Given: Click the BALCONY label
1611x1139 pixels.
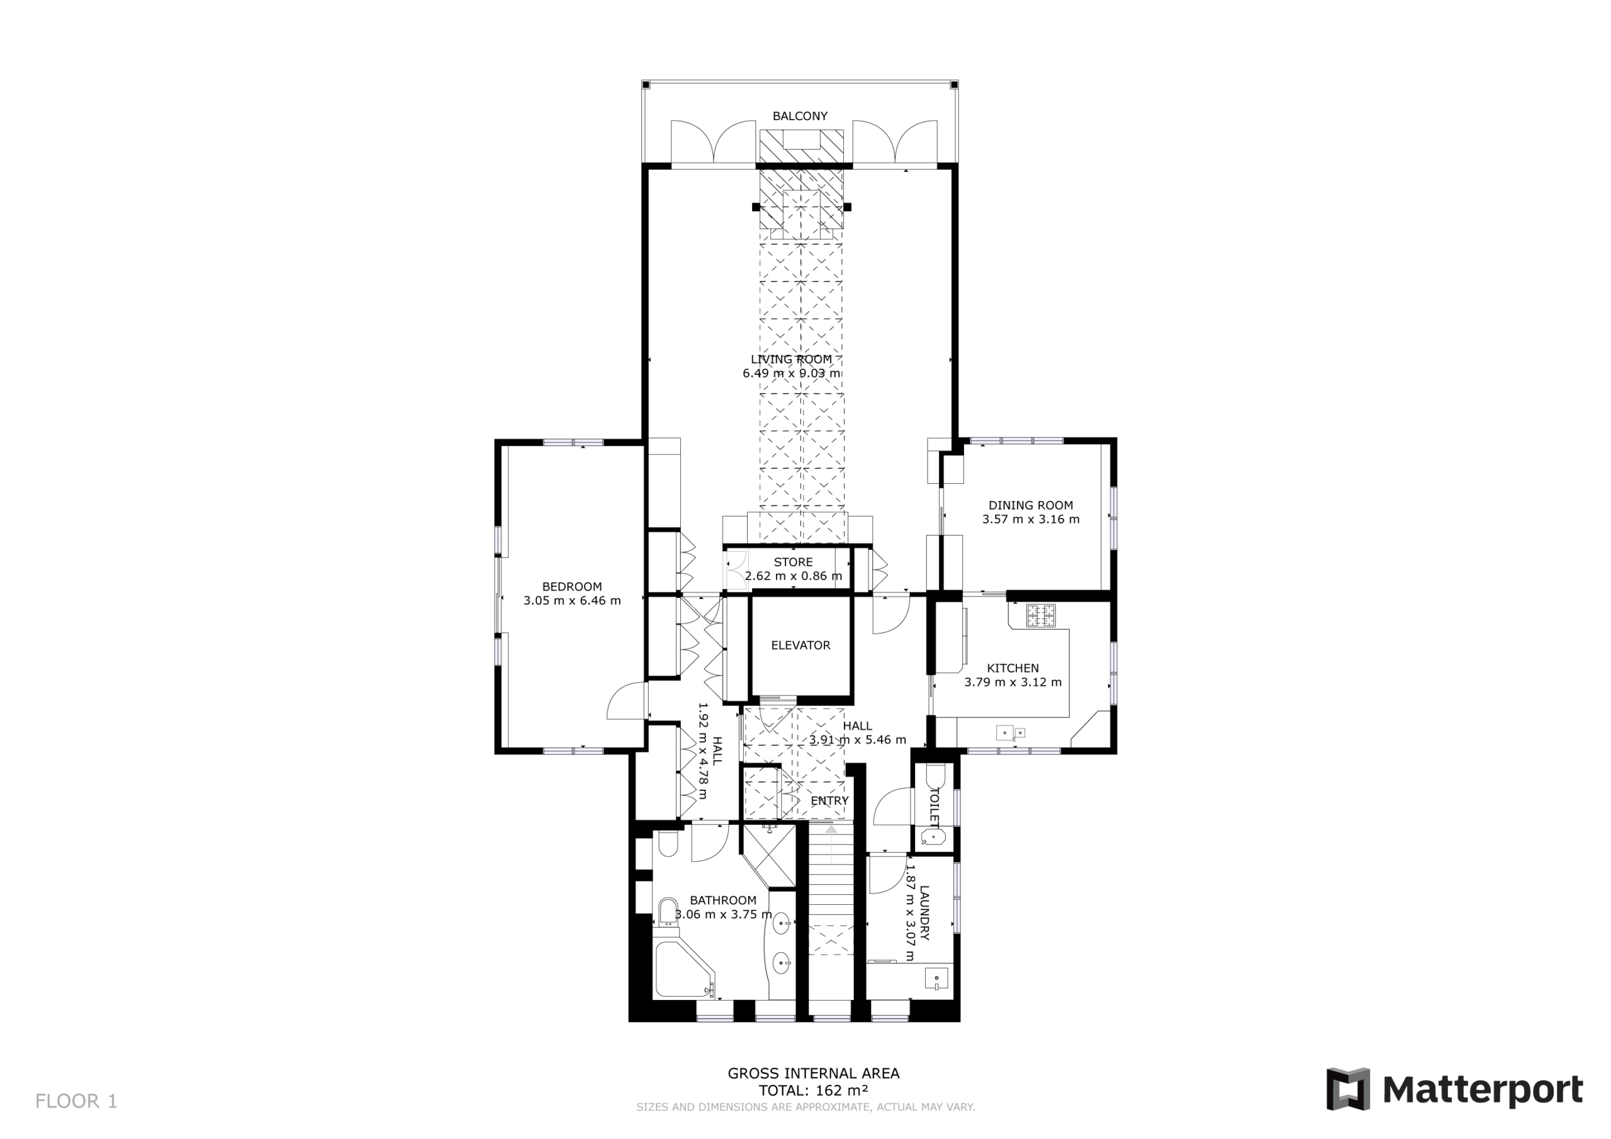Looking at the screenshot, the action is pos(800,116).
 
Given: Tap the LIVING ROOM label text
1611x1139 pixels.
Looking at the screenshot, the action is pos(792,359).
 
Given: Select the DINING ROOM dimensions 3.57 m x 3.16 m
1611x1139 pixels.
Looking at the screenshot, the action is pos(1031,519).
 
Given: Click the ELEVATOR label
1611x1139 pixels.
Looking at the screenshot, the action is pos(800,645).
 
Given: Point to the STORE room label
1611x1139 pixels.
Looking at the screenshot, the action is pos(794,562).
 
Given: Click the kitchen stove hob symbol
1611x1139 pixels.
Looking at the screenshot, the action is pos(1041,615).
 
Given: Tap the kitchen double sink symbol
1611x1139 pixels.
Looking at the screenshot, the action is pos(1011,733).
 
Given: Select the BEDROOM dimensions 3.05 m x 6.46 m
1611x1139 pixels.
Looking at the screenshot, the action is pos(572,601).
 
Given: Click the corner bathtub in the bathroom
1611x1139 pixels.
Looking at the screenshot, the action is pos(684,969).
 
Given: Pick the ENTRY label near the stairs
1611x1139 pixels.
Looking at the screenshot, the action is pos(829,800).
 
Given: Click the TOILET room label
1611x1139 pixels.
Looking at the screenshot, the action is pos(934,806).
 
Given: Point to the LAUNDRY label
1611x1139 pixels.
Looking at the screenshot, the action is pos(924,913).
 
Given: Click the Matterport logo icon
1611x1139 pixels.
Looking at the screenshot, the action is pos(1348,1089).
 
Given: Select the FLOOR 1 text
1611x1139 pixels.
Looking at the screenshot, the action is pos(77,1101).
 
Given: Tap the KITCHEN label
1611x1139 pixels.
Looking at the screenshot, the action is pos(1013,668).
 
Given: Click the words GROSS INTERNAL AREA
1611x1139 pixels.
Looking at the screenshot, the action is pos(813,1073).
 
